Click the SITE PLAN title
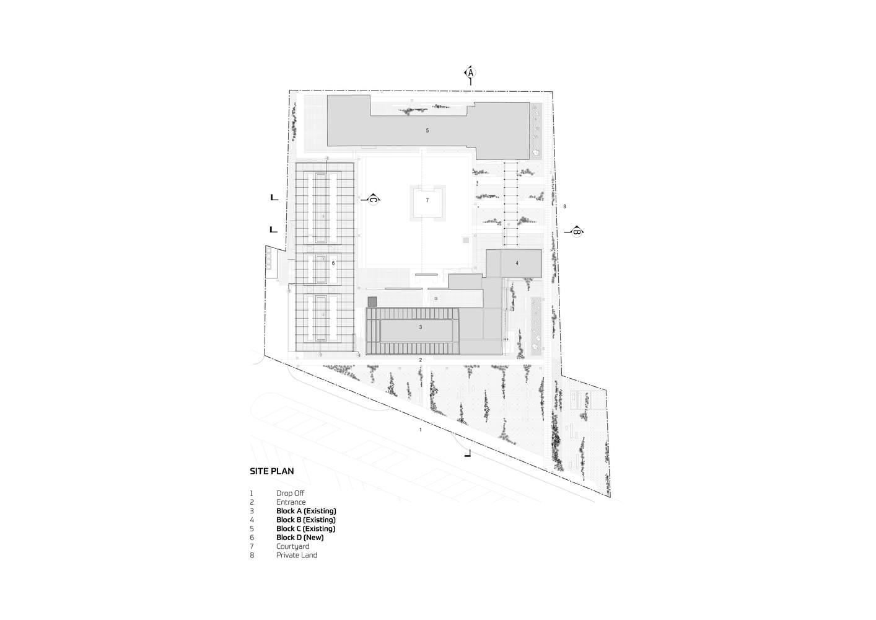[x=272, y=471]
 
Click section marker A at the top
[x=470, y=73]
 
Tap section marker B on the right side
[x=576, y=232]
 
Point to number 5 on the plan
[x=427, y=131]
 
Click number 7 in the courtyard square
[x=427, y=200]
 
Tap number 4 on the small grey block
[x=517, y=263]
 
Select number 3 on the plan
[x=421, y=327]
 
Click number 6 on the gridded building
[x=333, y=263]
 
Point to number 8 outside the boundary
[x=564, y=206]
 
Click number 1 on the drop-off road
[x=421, y=430]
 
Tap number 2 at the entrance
[x=420, y=360]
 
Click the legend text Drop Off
[x=291, y=494]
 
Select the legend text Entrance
[x=291, y=502]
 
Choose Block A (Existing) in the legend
[x=306, y=511]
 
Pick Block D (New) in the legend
[x=300, y=538]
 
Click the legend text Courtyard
[x=292, y=546]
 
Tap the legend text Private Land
[x=297, y=555]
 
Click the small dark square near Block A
[x=372, y=301]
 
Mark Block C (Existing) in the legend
[x=306, y=529]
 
